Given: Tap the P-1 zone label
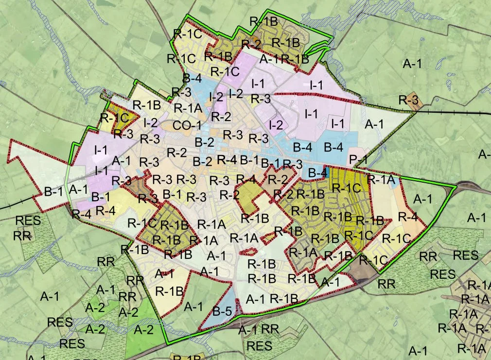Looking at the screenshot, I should (358, 159).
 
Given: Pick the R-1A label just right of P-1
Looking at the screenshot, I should (379, 179).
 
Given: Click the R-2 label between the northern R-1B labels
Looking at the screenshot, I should (251, 44).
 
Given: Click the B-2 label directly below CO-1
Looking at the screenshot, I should (204, 142).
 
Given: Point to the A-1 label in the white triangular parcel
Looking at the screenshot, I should (374, 124).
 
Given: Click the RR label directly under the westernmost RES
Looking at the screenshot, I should (22, 236).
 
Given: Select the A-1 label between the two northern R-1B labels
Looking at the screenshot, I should (269, 59).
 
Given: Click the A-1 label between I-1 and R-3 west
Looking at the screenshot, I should (121, 160).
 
